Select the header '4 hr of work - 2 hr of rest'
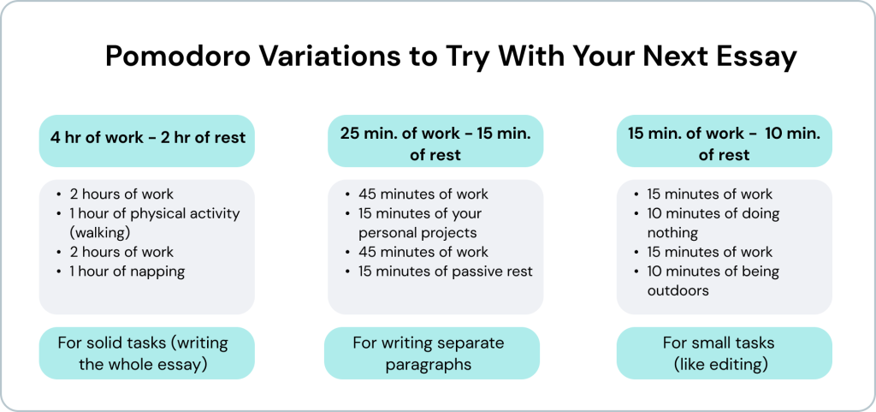[147, 137]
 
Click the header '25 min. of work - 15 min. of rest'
[435, 144]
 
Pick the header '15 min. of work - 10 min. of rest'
[724, 144]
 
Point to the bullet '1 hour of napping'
[127, 272]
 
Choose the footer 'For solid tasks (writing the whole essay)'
[143, 353]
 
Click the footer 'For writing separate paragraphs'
[429, 353]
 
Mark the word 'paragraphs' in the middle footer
[429, 365]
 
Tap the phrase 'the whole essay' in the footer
[143, 365]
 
